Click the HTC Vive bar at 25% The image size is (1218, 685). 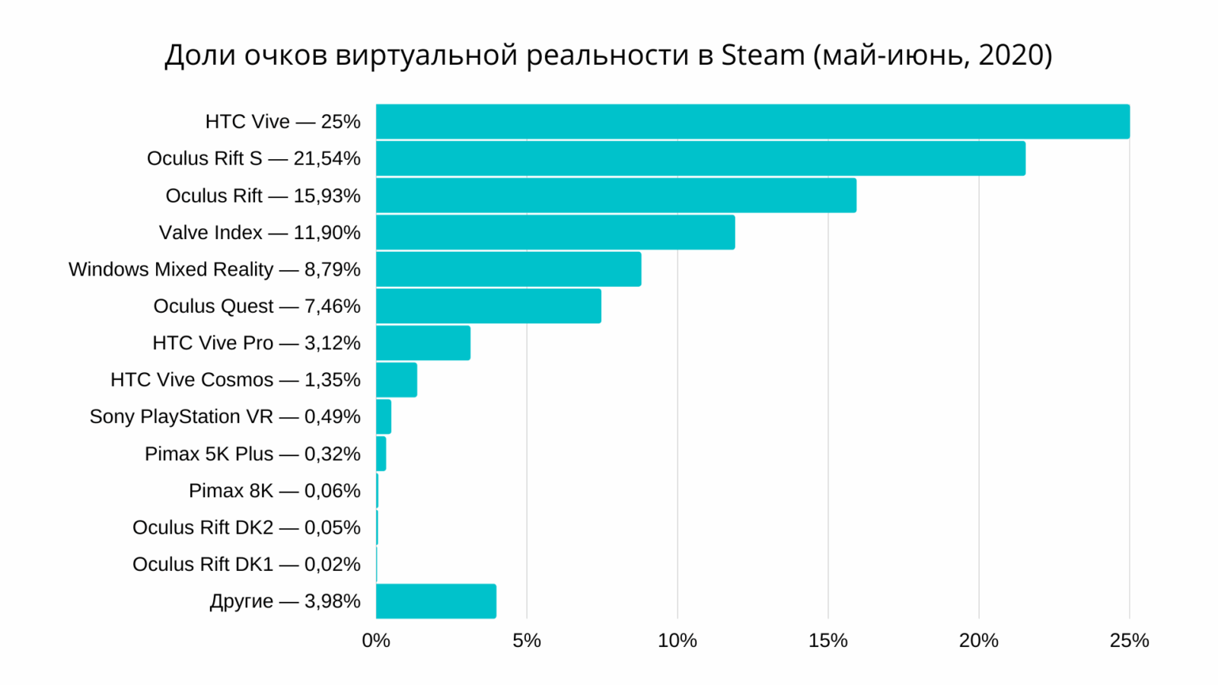[752, 122]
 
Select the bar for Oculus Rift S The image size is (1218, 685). [700, 158]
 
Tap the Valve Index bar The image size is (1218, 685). [556, 232]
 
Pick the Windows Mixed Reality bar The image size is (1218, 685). [509, 269]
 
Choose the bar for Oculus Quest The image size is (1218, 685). [489, 306]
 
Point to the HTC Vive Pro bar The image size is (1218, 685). [423, 343]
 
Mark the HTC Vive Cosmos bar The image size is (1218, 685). [397, 380]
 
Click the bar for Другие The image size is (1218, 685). [436, 601]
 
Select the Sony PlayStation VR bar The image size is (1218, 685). [384, 416]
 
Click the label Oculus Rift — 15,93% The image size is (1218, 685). [263, 196]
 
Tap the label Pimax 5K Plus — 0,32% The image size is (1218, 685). [252, 454]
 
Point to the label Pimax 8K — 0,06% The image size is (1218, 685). [274, 491]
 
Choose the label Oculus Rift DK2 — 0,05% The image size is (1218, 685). [246, 527]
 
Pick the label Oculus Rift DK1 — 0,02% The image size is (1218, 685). [246, 564]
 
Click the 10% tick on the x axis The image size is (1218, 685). [678, 641]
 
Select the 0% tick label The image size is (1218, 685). [376, 641]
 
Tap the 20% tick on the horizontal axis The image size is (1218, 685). [979, 641]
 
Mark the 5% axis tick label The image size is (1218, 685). [527, 641]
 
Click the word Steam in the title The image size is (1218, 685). [763, 56]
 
